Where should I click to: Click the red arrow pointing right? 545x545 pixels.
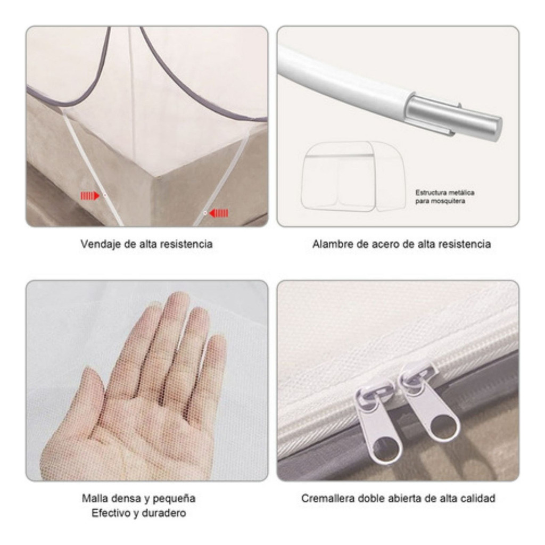click(x=90, y=196)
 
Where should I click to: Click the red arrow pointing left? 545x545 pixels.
click(x=219, y=213)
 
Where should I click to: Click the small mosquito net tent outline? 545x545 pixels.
click(x=353, y=176)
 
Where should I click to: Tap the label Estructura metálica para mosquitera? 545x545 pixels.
click(x=445, y=197)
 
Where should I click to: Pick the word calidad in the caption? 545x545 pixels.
click(x=478, y=498)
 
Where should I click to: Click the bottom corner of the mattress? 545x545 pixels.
click(x=155, y=178)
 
